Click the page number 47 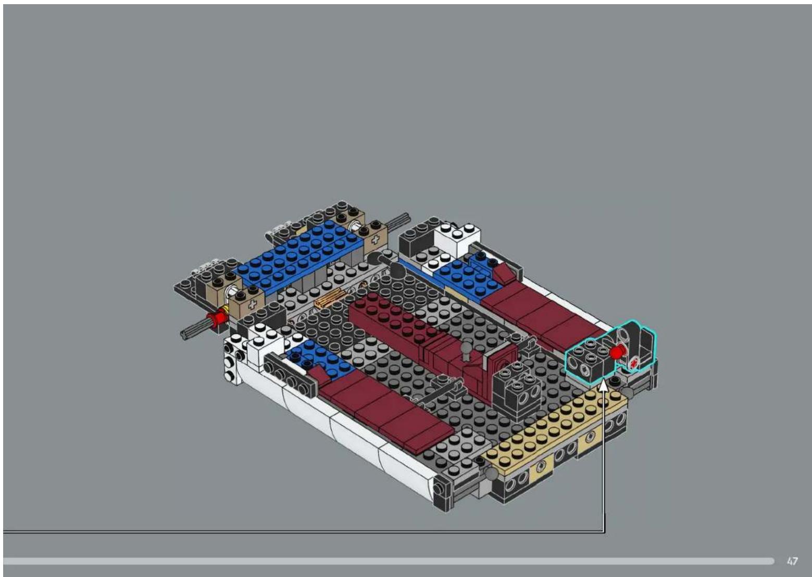(792, 561)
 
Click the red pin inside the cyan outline (617, 352)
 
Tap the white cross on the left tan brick (252, 305)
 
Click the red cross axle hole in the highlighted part (634, 363)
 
